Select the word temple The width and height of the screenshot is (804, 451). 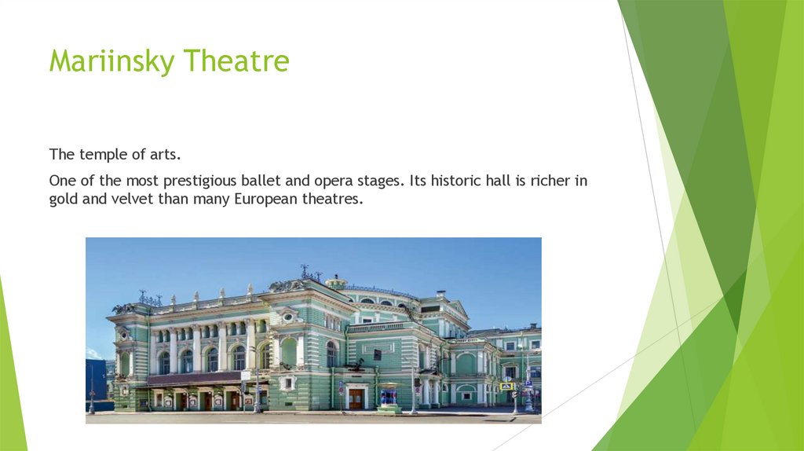pyautogui.click(x=100, y=154)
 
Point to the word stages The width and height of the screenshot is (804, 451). pyautogui.click(x=382, y=181)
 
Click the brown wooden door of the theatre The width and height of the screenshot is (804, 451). pyautogui.click(x=356, y=398)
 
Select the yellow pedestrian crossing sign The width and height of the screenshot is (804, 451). pyautogui.click(x=507, y=386)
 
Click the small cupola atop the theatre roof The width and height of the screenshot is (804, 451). pyautogui.click(x=336, y=281)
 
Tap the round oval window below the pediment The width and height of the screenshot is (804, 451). pyautogui.click(x=289, y=317)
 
